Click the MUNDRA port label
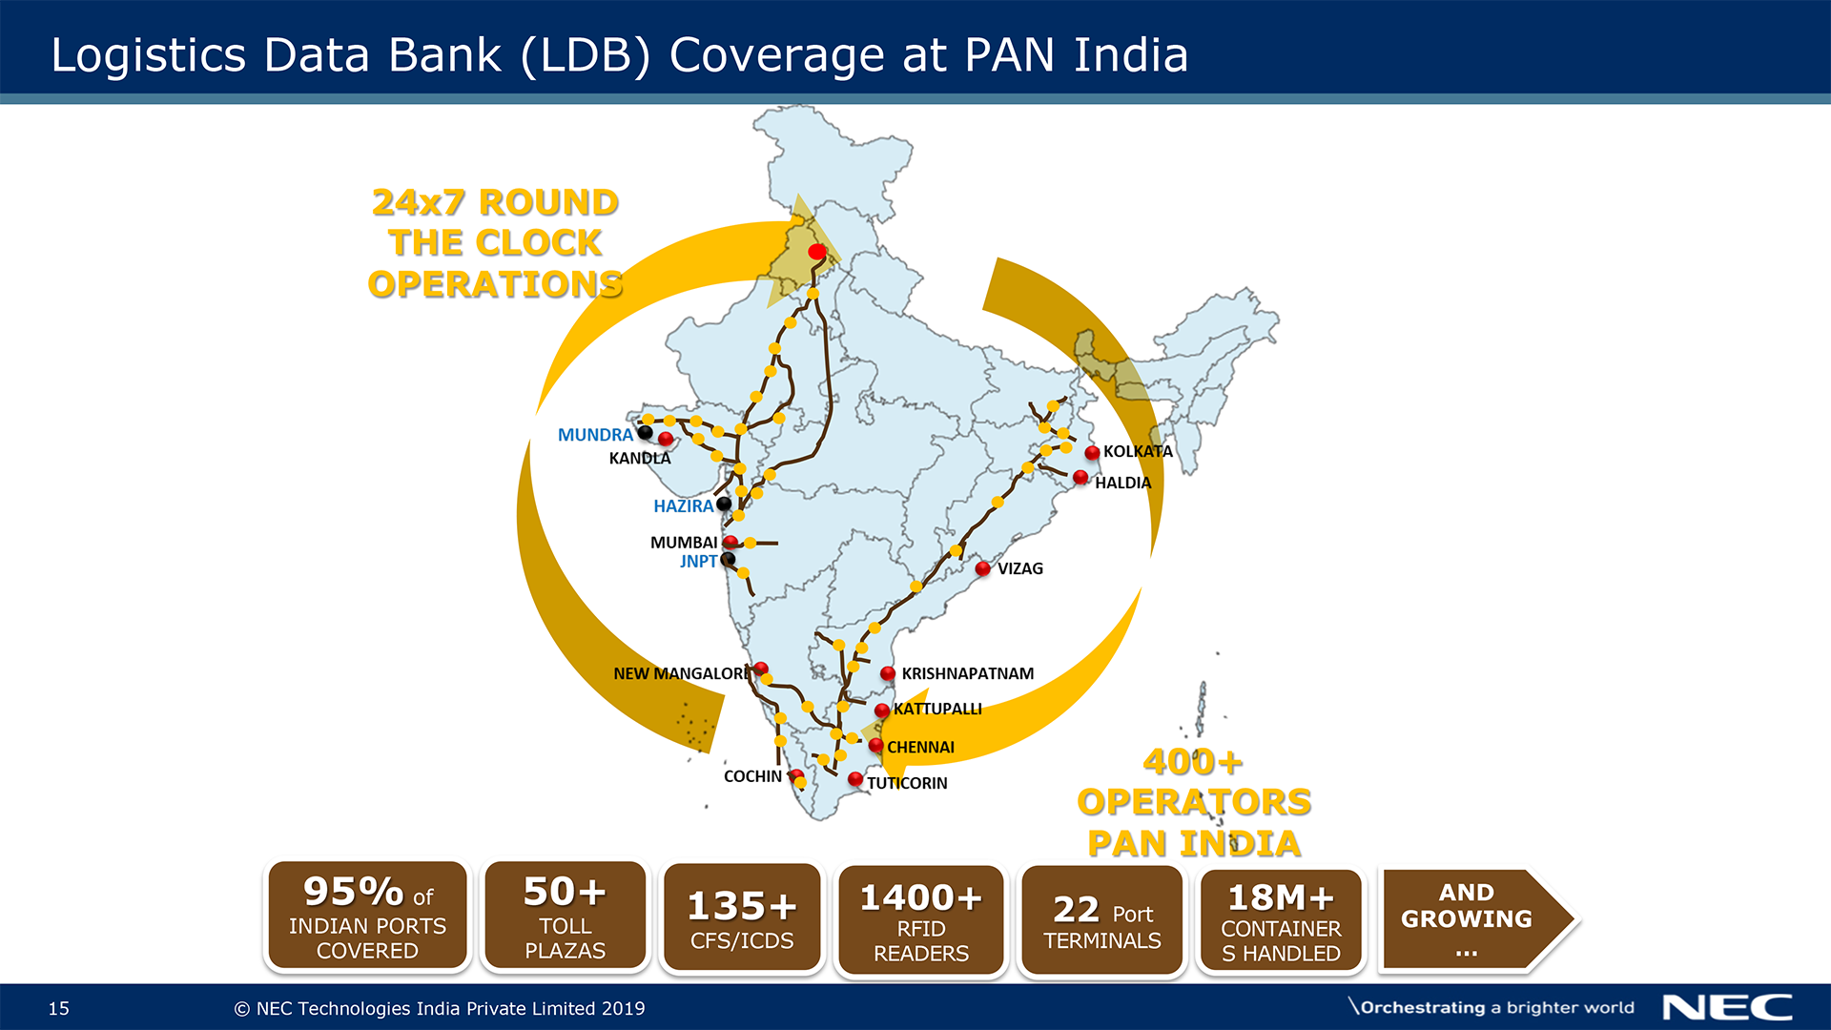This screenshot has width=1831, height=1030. click(x=595, y=435)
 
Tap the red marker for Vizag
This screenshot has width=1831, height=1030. click(x=982, y=568)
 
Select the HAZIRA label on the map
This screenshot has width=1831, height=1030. click(x=683, y=506)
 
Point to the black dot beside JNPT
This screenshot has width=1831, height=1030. click(x=728, y=560)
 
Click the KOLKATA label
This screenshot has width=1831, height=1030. click(x=1138, y=451)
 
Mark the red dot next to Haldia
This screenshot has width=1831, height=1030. click(x=1080, y=477)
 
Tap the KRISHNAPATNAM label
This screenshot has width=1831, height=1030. click(x=967, y=673)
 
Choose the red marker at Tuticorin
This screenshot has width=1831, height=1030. click(x=855, y=779)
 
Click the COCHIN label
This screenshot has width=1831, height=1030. click(x=752, y=776)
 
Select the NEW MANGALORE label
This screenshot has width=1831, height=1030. click(x=681, y=673)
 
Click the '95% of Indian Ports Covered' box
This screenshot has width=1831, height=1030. click(x=367, y=916)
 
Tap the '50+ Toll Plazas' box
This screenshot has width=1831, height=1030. click(x=565, y=916)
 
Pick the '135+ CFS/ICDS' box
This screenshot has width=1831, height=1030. click(x=742, y=918)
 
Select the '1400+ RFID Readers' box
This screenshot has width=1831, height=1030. click(x=921, y=920)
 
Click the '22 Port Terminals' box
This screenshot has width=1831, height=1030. click(x=1102, y=920)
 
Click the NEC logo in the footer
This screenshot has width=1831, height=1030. click(x=1727, y=1008)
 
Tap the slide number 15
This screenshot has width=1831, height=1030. click(x=59, y=1009)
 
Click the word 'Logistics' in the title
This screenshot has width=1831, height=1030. click(x=148, y=55)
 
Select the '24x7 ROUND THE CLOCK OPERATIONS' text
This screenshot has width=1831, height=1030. click(x=495, y=243)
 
